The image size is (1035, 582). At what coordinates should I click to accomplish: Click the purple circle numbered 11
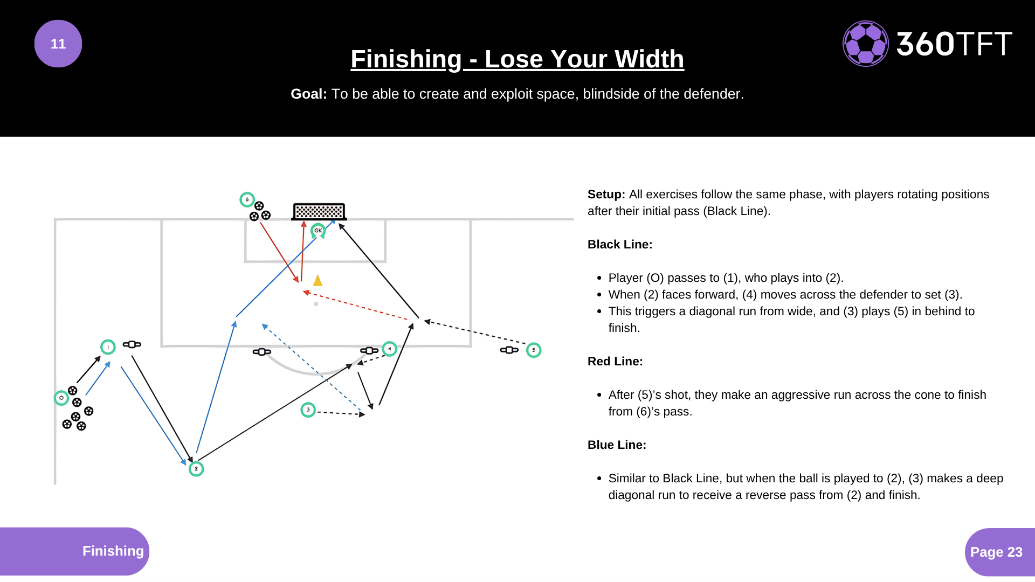pos(58,44)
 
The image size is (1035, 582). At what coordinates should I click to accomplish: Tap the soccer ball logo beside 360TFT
pos(865,44)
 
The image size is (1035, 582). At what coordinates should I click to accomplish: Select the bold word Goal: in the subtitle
pos(308,94)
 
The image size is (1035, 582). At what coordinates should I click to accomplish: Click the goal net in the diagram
pos(319,211)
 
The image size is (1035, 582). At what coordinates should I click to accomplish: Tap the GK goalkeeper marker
pos(318,231)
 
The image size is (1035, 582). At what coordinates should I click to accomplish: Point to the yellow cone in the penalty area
pos(318,280)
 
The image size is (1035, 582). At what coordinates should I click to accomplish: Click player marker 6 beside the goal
pos(247,199)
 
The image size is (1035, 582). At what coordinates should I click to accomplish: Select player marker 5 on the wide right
pos(534,350)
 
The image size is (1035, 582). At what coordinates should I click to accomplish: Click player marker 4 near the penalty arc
pos(390,349)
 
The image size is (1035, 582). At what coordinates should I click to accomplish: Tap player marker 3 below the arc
pos(308,410)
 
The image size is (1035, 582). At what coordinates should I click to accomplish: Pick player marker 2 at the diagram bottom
pos(196,469)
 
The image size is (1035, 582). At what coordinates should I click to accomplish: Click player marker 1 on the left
pos(108,347)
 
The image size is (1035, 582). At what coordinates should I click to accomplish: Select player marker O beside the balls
pos(61,398)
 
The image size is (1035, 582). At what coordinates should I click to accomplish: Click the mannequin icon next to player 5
pos(509,350)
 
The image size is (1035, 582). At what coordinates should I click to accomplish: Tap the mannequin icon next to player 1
pos(132,344)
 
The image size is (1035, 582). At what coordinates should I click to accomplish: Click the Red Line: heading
pos(615,361)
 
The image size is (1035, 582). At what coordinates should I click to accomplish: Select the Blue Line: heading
pos(617,445)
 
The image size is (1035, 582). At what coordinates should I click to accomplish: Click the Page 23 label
pos(996,552)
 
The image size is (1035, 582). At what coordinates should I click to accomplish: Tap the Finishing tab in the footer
pos(113,551)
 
